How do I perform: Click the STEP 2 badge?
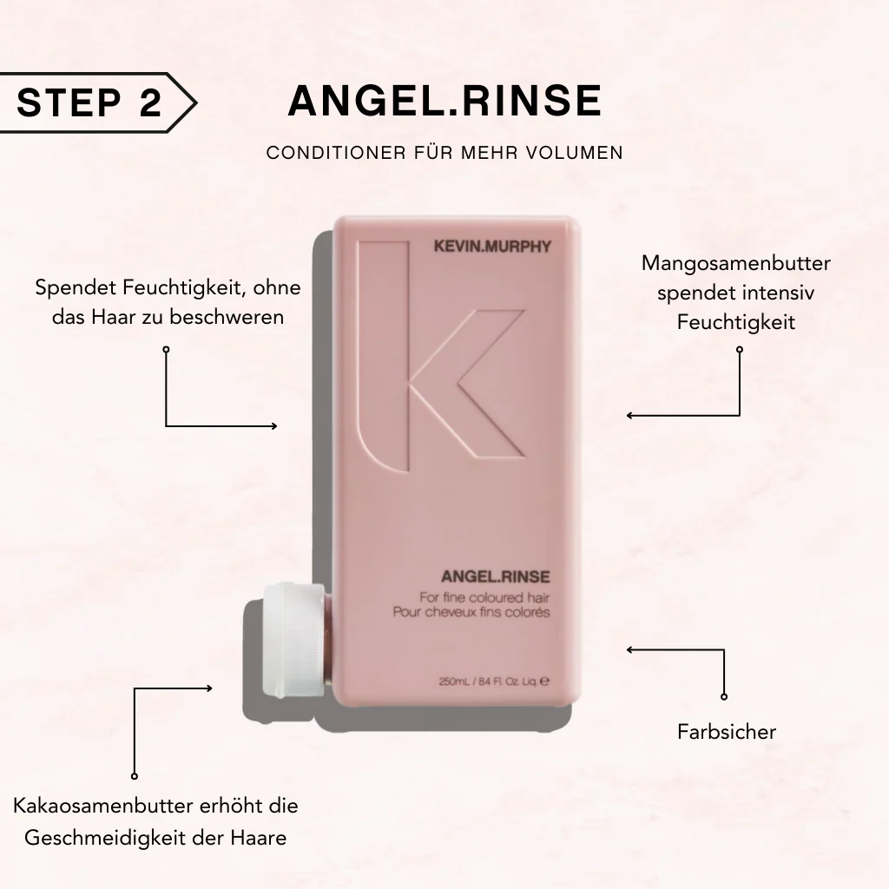point(91,102)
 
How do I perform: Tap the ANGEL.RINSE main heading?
point(444,102)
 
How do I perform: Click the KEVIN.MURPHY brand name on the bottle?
point(491,247)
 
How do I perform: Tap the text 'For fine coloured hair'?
point(485,597)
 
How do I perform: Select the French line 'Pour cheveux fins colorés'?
point(484,612)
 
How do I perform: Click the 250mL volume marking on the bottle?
point(457,682)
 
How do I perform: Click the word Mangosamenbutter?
point(736,263)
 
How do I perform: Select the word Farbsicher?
point(727,732)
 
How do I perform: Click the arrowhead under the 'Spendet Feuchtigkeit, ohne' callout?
point(273,425)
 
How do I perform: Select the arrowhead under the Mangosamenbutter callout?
point(630,416)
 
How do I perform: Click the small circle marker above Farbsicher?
point(724,696)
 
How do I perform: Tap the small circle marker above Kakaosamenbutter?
point(135,775)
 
